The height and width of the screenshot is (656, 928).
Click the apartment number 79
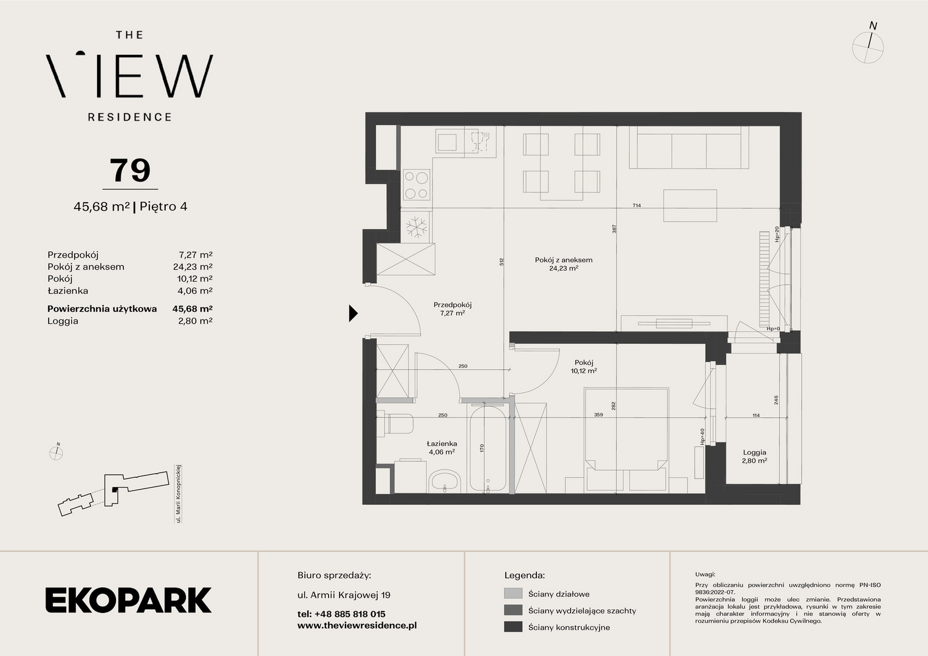[130, 170]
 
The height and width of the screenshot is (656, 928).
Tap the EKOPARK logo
[128, 600]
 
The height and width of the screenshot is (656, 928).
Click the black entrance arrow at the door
[353, 313]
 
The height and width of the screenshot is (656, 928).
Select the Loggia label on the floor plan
[754, 453]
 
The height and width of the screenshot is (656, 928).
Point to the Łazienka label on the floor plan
[442, 443]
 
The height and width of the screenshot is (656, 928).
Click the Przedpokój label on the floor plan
[452, 304]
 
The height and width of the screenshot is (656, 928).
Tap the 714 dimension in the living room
[636, 205]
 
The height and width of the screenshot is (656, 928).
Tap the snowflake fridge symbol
[417, 227]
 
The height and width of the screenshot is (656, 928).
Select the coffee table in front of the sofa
[690, 205]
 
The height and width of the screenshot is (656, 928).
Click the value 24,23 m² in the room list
[193, 267]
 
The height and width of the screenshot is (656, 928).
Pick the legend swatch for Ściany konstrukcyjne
[513, 627]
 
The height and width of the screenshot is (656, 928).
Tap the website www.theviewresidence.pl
[357, 626]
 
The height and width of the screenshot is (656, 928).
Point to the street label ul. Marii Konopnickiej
[179, 494]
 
